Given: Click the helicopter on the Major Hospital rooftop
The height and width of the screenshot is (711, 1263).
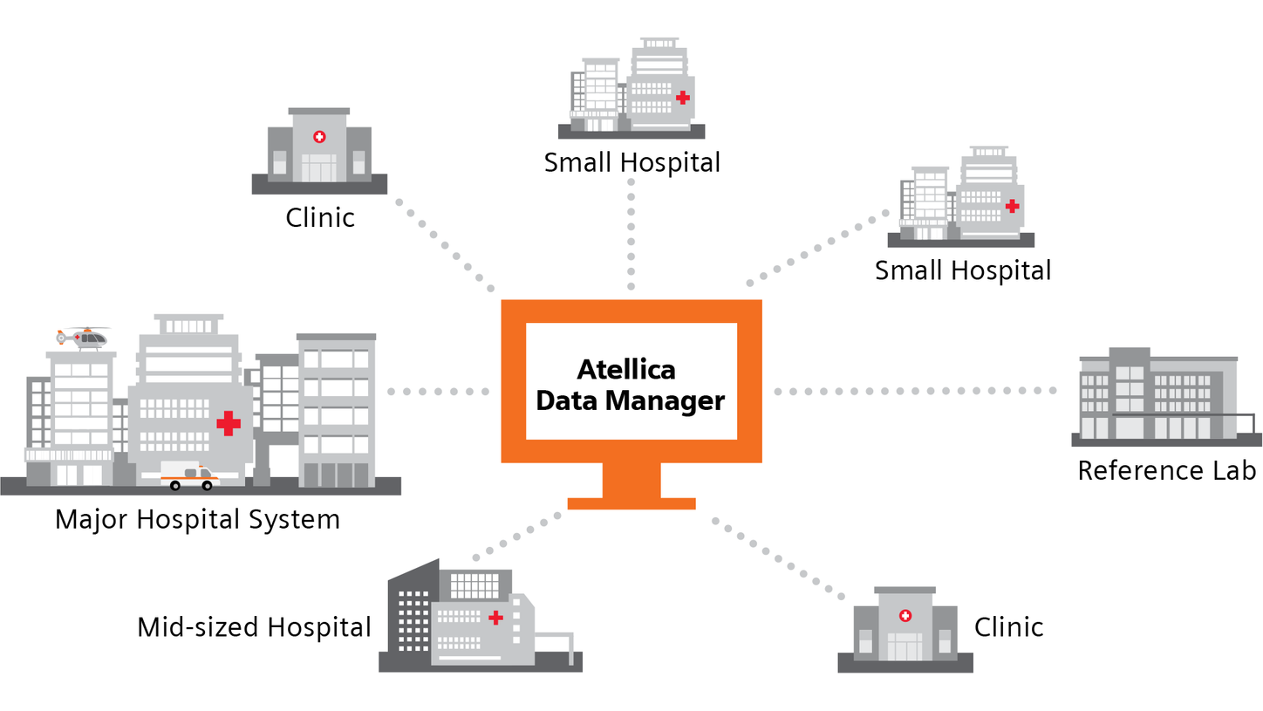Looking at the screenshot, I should (84, 337).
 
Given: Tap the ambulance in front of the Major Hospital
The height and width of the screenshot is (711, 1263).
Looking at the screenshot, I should (188, 476).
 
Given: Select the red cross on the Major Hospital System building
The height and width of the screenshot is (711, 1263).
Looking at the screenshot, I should (229, 423).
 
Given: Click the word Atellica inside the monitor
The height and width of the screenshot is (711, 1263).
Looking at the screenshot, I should (626, 369).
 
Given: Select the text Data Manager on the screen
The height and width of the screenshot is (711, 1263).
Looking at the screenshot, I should (630, 401).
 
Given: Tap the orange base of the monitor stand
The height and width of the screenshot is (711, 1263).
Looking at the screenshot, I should (631, 502).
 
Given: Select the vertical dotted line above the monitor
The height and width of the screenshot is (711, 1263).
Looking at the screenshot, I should (631, 236).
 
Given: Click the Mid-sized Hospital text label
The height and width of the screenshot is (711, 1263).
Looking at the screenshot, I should (254, 626).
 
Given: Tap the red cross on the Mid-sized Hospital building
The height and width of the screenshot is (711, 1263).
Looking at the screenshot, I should (496, 618).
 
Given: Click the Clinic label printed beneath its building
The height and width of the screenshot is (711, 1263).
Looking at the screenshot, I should (320, 216).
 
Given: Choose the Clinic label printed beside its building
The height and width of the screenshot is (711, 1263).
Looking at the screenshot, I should (1008, 626).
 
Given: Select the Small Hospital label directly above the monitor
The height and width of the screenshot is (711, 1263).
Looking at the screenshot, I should (632, 162).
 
